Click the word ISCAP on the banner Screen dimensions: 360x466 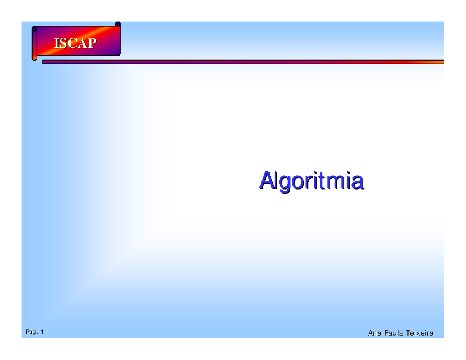point(74,43)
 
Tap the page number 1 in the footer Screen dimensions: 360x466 point(42,332)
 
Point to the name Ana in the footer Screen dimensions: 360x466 point(374,333)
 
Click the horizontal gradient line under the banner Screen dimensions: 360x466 point(243,62)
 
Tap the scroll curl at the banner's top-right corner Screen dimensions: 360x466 point(118,25)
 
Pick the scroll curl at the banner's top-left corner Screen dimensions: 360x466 point(35,29)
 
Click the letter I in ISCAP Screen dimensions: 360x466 point(56,43)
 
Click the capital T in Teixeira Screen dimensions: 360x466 point(408,333)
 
